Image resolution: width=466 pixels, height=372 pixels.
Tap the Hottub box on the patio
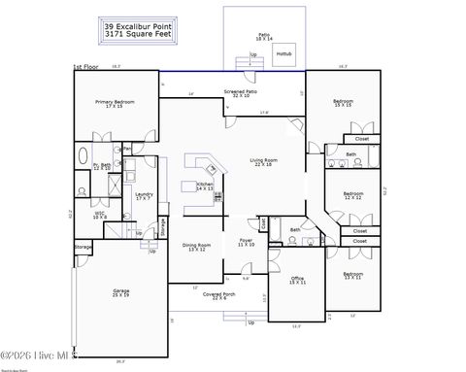[x=284, y=54]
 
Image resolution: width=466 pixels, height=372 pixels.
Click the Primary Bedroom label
[x=115, y=103]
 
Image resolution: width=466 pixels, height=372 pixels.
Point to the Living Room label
[x=264, y=161]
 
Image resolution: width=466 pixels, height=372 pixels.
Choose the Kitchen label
[x=205, y=185]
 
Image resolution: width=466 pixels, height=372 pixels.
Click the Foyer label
[x=246, y=241]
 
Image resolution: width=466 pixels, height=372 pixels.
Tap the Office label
[x=298, y=280]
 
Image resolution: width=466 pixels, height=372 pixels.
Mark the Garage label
[x=121, y=290]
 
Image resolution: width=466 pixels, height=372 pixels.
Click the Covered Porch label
[x=220, y=295]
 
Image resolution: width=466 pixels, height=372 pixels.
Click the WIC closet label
[x=99, y=216]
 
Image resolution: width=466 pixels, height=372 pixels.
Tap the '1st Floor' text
[x=85, y=67]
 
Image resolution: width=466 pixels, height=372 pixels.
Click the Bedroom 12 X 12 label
[x=353, y=195]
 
